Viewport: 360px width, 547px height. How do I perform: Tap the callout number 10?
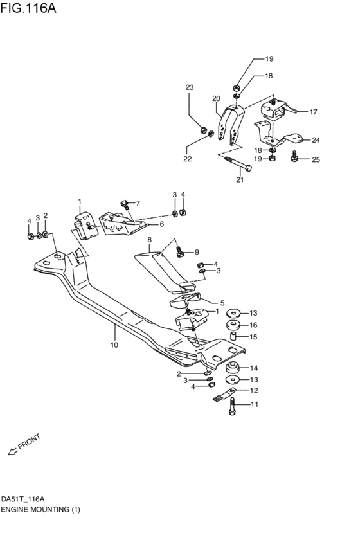(x=114, y=346)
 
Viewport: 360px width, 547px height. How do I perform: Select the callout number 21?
(x=240, y=179)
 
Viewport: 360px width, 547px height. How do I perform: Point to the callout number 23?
(x=190, y=87)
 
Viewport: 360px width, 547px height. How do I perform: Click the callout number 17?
(x=313, y=112)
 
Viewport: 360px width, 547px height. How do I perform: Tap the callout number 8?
(x=149, y=240)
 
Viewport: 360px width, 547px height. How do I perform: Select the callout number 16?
(x=253, y=325)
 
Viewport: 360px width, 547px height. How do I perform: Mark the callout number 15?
(x=253, y=337)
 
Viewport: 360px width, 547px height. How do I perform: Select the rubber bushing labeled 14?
(x=233, y=368)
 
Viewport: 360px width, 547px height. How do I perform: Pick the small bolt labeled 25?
(x=295, y=156)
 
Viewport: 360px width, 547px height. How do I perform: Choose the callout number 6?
(x=161, y=224)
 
